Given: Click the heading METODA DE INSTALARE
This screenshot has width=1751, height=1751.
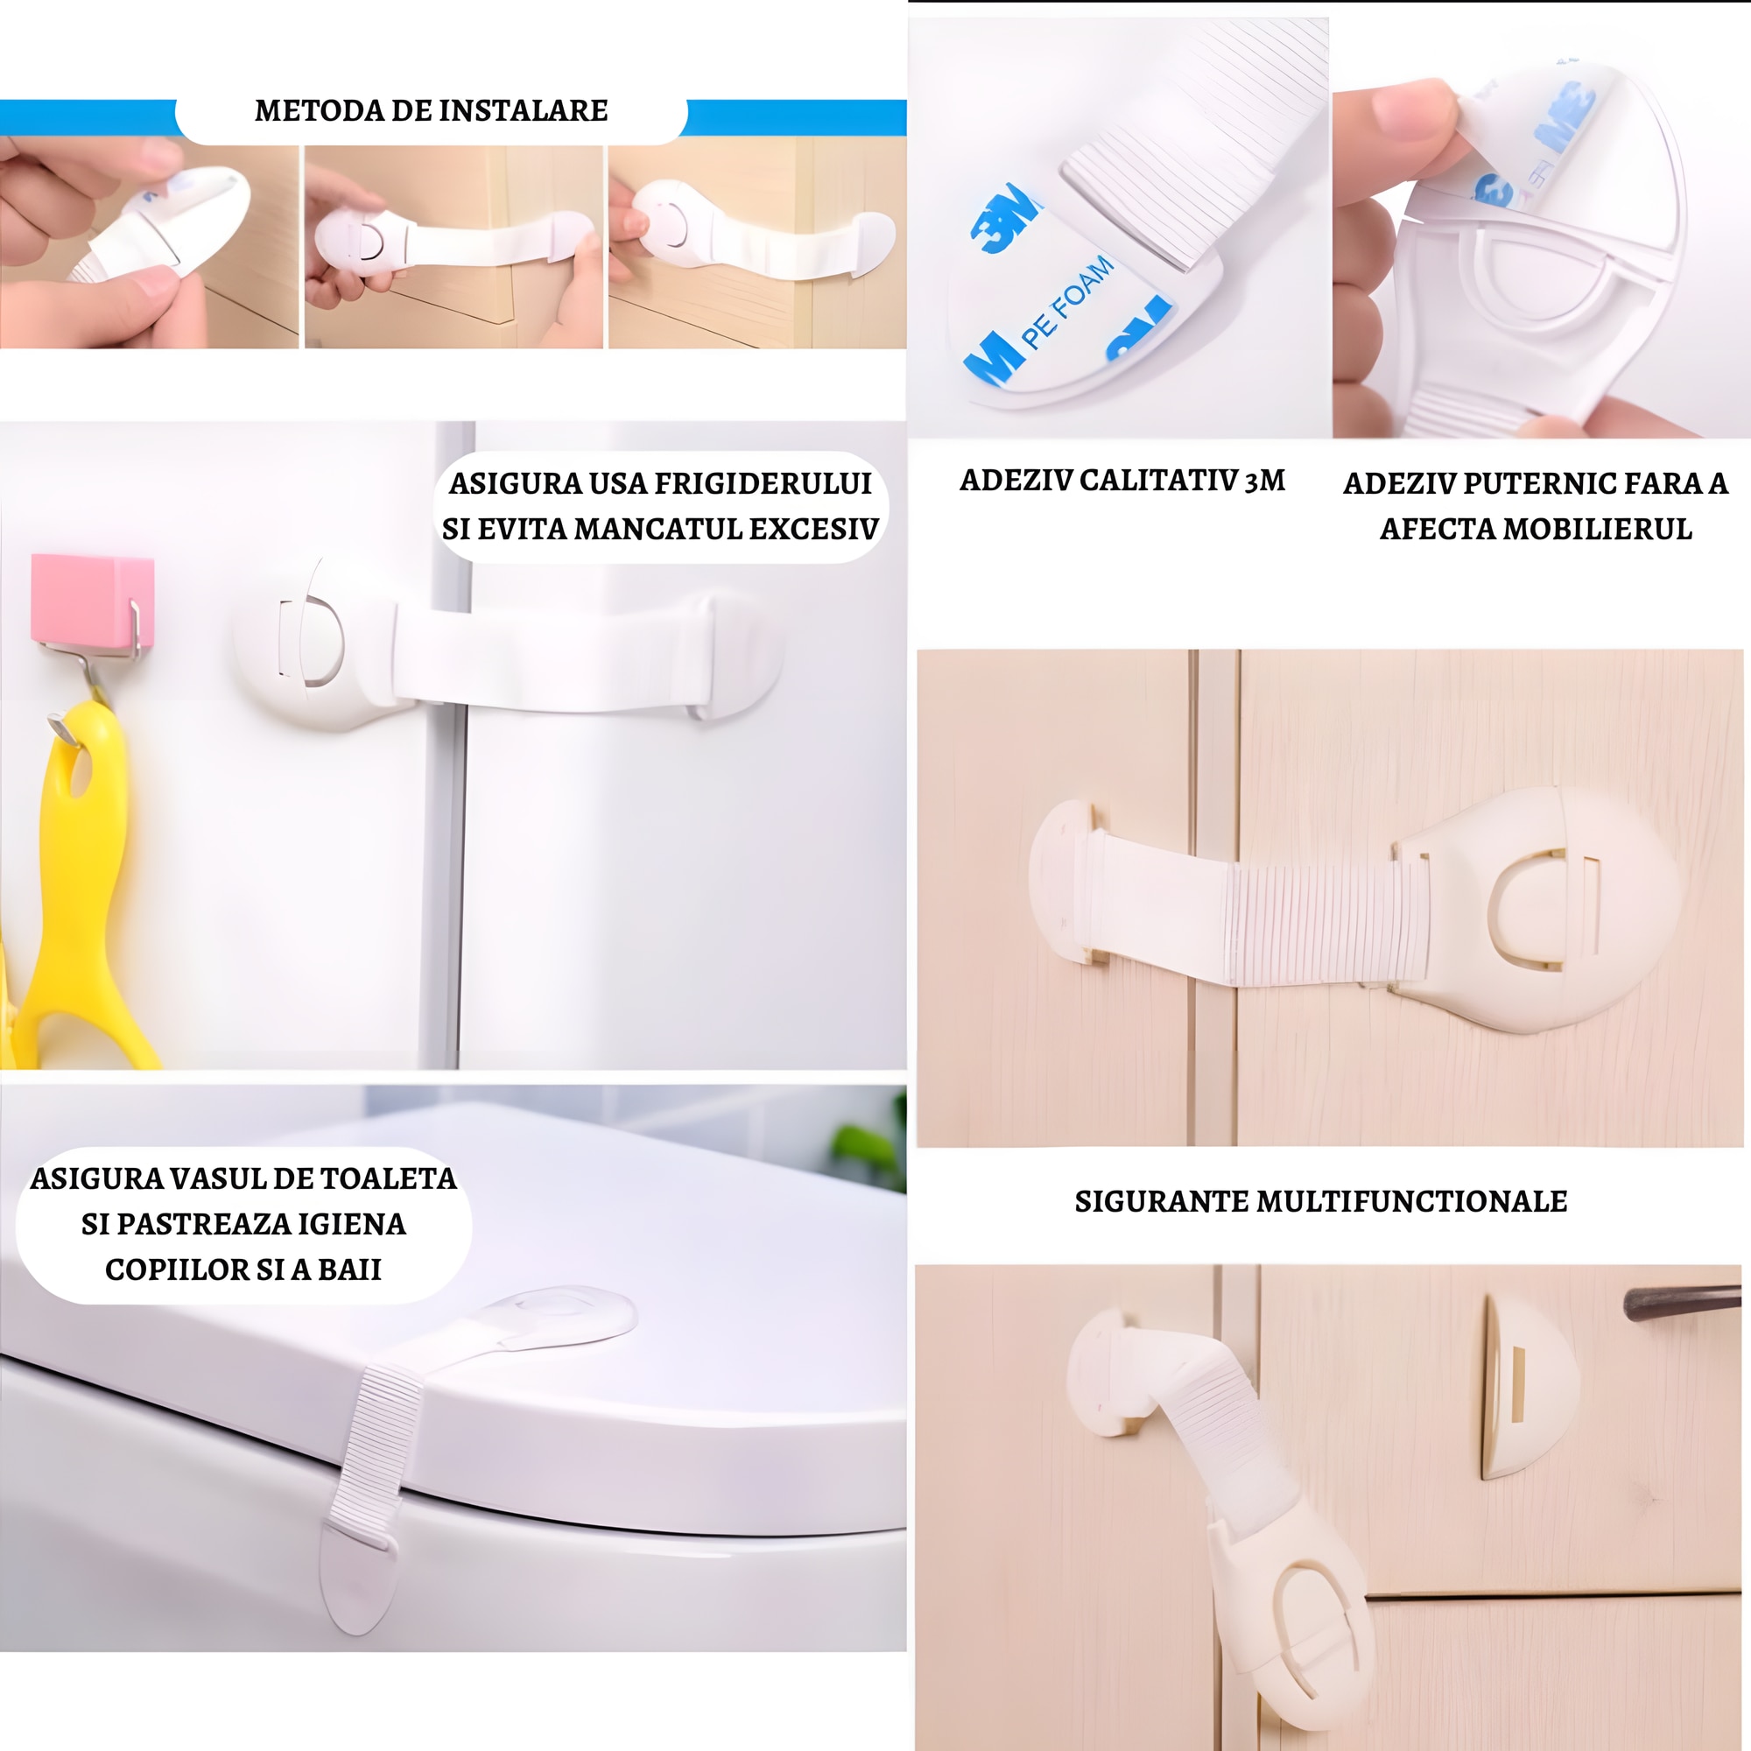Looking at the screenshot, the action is [432, 110].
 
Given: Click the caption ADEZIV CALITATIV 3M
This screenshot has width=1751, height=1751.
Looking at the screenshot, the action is [1122, 481].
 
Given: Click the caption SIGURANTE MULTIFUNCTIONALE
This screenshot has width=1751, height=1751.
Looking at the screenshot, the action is [1321, 1201].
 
